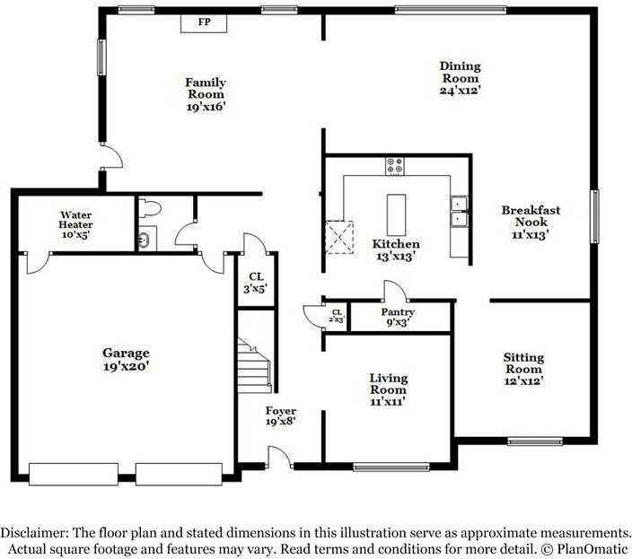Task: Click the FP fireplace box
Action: (204, 23)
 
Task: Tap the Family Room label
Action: (206, 94)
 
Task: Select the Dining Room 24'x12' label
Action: (461, 78)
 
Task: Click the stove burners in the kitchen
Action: (395, 166)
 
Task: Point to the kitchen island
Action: (396, 214)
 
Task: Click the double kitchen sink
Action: (459, 211)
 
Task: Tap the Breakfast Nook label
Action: (531, 222)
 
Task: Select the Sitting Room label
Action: (523, 369)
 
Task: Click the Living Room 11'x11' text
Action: (389, 389)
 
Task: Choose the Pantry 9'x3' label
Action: (398, 317)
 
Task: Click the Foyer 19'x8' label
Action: (281, 416)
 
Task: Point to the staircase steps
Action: (254, 366)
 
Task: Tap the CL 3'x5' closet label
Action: (256, 283)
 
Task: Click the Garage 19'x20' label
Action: (127, 359)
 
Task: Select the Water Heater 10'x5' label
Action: (75, 224)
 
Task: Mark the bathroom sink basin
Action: (145, 240)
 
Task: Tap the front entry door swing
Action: (280, 458)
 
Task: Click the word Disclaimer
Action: (34, 533)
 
